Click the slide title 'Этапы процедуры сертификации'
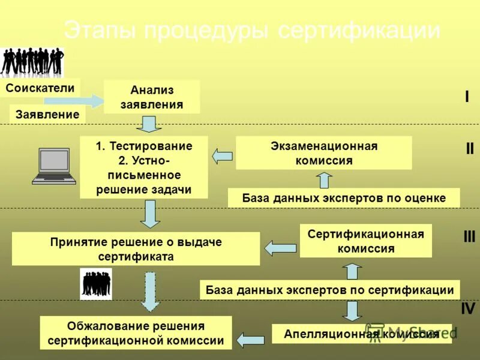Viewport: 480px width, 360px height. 252,31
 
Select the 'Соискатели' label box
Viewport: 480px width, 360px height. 40,88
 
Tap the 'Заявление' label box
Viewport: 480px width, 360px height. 47,114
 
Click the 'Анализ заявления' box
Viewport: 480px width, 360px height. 152,97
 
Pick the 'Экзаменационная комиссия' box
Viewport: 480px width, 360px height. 323,153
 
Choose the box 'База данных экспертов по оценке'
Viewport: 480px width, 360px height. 344,198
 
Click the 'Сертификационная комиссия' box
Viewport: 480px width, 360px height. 365,241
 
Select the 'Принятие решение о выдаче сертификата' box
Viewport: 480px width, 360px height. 136,249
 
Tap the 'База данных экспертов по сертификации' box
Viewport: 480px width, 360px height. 329,290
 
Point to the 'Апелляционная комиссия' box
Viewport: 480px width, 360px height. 361,334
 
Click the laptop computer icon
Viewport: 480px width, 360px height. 54,165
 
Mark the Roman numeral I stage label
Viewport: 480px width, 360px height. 467,97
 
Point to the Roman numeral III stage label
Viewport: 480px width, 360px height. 469,236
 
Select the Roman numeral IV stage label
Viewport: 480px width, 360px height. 467,309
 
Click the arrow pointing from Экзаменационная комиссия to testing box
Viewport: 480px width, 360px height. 222,156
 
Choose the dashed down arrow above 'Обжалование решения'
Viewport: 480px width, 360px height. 151,291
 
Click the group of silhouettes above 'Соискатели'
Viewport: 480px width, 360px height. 31,62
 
